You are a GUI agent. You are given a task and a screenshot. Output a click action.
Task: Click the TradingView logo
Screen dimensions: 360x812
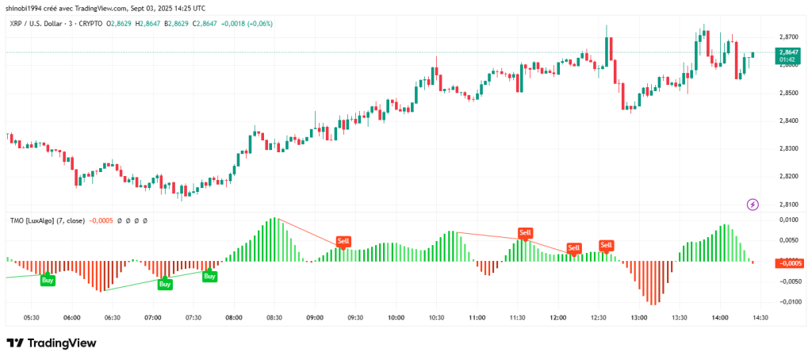52,343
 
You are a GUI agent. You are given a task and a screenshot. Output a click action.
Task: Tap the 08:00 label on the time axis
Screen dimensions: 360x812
234,317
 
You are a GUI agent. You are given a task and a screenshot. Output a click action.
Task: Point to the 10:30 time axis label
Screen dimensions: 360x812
437,317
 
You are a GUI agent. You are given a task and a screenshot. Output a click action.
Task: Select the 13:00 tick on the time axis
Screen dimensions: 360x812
640,317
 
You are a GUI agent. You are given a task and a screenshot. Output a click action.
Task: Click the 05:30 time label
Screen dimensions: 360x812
32,317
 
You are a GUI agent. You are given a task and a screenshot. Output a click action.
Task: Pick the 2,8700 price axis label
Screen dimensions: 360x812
788,37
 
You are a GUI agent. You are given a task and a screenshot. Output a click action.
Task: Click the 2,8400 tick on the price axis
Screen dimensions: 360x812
788,121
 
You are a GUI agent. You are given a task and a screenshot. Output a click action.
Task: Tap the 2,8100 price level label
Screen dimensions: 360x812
788,204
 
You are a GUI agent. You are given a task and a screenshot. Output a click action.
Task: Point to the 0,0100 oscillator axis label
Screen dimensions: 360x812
788,220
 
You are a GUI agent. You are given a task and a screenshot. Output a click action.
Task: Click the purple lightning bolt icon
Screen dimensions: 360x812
753,205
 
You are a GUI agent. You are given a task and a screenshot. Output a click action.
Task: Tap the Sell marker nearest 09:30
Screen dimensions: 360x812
343,240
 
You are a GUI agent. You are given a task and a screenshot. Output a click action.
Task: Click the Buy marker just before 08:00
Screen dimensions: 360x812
209,276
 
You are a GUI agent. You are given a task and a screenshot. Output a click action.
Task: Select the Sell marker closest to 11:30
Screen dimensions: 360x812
525,232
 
